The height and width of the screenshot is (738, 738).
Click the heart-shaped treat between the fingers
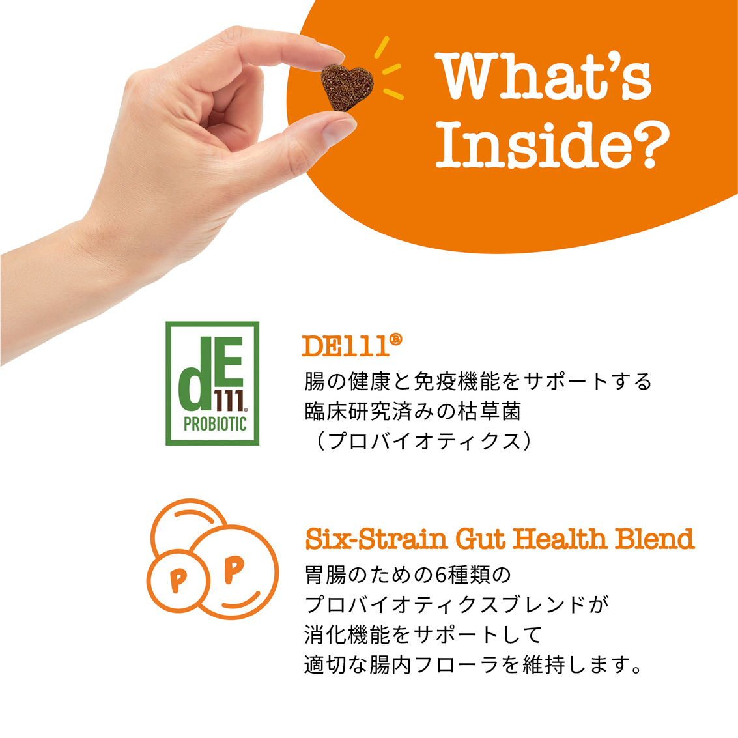pos(347,87)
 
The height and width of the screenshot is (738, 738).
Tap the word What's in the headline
pos(543,76)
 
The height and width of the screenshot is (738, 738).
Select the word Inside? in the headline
pos(552,145)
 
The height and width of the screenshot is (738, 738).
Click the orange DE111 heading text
pos(346,347)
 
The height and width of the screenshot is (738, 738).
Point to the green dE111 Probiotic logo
pos(212,383)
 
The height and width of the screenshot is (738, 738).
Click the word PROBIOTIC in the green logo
pos(215,423)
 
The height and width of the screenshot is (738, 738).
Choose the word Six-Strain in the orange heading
pos(376,539)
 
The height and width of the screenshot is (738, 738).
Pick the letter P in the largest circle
pos(234,569)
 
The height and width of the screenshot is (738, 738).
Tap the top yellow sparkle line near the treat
pos(382,47)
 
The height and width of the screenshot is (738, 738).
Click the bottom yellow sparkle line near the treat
pos(393,94)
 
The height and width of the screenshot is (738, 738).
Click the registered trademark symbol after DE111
pos(396,339)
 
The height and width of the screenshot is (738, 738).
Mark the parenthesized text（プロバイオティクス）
pos(423,441)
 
